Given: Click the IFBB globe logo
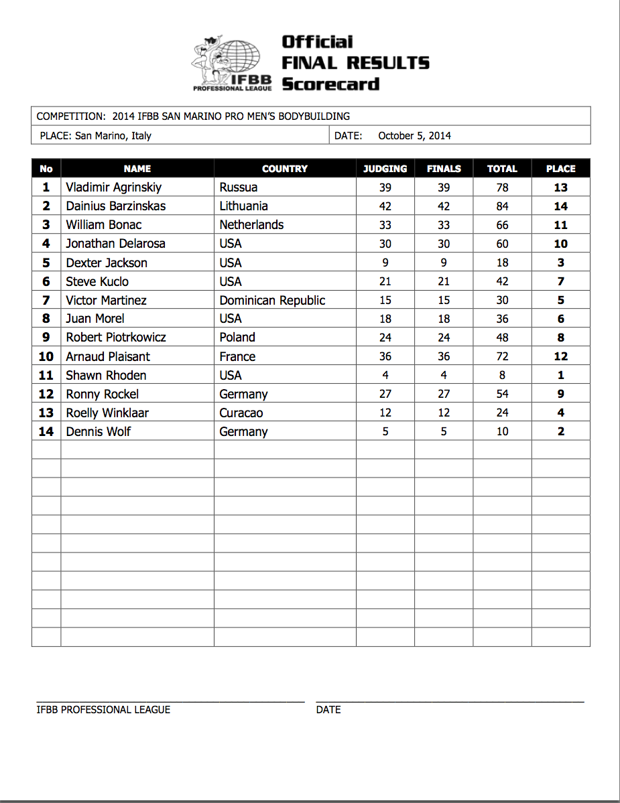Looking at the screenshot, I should [232, 64].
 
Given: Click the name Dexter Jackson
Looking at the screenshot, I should [107, 263].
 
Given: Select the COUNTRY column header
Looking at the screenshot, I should [285, 169].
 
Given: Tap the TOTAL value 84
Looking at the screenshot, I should [502, 206].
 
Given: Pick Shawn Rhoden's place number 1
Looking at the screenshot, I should [561, 375].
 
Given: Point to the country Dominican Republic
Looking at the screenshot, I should [272, 300].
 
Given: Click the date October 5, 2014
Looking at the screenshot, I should [414, 135].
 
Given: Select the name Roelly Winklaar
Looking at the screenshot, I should [107, 413].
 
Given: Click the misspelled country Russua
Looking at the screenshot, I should [238, 188].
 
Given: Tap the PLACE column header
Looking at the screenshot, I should [561, 169].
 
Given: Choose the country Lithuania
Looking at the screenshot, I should [243, 206].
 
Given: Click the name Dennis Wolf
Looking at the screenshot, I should [99, 431].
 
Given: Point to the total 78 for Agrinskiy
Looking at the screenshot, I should [502, 188].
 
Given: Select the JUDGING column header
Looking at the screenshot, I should [385, 169].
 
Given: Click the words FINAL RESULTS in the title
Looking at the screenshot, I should [355, 63].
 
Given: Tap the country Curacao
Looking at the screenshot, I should [241, 413].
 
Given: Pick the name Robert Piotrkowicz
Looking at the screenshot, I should [116, 338].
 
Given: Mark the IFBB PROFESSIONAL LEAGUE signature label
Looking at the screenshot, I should [103, 709].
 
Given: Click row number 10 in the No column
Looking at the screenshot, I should [46, 356].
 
